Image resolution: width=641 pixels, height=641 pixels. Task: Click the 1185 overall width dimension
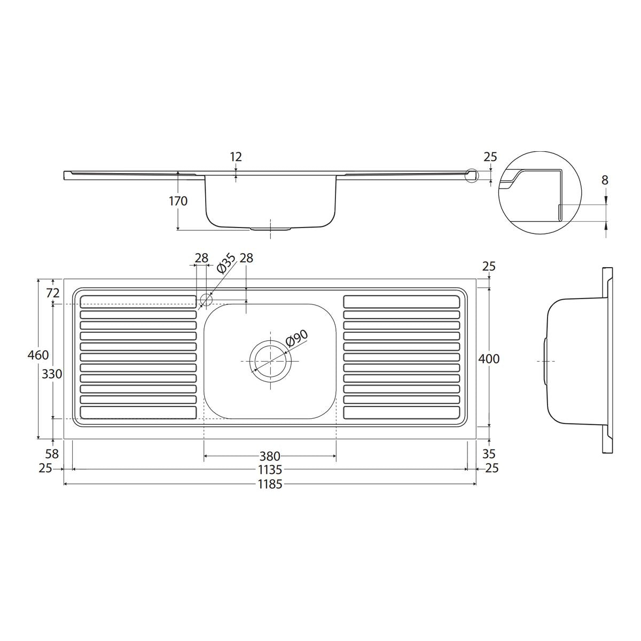270,484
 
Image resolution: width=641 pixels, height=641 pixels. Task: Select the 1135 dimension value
270,470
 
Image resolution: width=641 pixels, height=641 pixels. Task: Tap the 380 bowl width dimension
270,456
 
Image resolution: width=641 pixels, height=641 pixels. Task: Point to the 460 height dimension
38,355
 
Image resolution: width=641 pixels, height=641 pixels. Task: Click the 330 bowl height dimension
52,374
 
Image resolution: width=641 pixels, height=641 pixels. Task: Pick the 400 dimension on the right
489,358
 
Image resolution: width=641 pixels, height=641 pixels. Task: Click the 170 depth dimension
178,201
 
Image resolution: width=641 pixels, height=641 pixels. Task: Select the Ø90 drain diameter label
297,339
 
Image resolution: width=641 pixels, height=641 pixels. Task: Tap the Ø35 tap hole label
226,263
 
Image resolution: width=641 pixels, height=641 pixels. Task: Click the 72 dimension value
52,293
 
